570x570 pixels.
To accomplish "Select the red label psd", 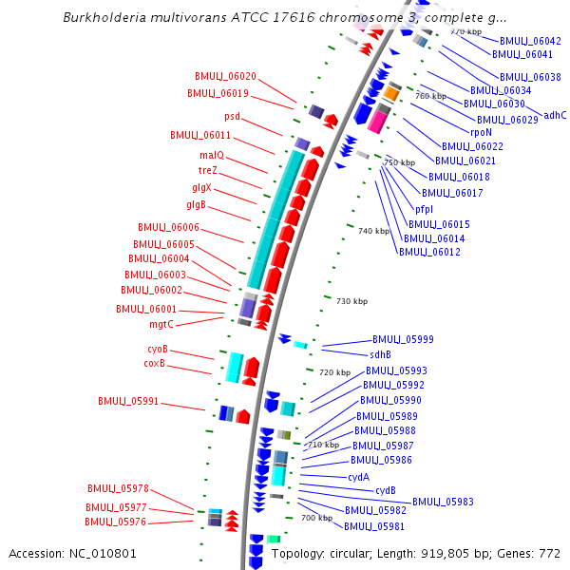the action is [x=233, y=116].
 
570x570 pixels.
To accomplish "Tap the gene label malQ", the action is [x=212, y=155].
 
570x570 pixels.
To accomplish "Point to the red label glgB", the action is [x=197, y=204].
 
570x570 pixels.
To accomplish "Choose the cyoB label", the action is [x=157, y=349].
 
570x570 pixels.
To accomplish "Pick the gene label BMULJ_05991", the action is [x=129, y=401].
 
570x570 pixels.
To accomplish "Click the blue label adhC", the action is [x=555, y=115].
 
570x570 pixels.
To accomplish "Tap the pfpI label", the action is [x=425, y=209].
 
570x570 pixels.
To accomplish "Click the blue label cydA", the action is [x=358, y=477].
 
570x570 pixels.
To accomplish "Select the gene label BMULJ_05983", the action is [x=443, y=502].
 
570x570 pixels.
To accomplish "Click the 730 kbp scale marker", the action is [x=351, y=301].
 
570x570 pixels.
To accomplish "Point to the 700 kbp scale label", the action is [x=316, y=518].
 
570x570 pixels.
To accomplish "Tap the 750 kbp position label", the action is [x=400, y=162].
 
